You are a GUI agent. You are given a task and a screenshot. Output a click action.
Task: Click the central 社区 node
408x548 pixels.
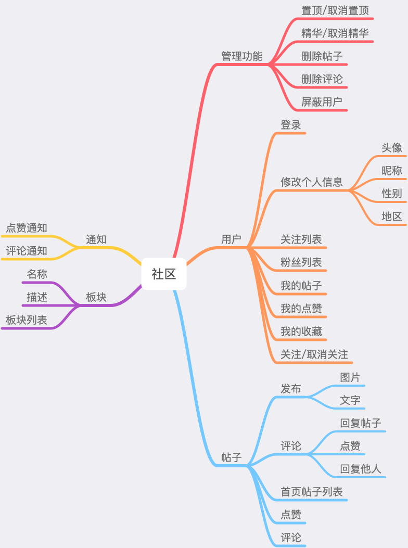163,274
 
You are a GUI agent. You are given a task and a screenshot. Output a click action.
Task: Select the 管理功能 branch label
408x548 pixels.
242,56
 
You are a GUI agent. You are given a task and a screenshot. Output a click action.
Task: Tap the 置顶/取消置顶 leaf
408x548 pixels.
335,10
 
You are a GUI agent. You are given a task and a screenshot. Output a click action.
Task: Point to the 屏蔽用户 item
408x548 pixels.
322,101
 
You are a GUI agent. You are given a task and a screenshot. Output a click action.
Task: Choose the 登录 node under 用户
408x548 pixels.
290,125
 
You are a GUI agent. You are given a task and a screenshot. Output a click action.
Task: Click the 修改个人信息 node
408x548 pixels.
312,182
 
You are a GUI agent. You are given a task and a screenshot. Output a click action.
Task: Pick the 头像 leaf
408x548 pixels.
391,147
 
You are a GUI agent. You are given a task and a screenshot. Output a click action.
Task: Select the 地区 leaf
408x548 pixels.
391,216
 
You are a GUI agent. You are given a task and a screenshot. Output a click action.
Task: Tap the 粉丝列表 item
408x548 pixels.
301,262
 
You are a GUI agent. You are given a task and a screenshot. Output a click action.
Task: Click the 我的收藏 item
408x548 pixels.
301,331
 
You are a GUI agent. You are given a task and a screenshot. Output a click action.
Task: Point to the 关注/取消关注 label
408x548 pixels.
314,354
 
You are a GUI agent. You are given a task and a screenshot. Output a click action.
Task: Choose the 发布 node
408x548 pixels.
290,388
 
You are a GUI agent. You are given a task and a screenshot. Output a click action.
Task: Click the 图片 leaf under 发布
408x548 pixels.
350,377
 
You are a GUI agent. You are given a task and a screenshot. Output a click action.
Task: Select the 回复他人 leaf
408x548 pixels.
361,469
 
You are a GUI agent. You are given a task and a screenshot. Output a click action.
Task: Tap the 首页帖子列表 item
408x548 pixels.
312,492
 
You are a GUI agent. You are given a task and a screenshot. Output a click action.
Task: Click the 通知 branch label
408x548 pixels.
96,239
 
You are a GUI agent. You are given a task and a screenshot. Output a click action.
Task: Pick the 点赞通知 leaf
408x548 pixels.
27,228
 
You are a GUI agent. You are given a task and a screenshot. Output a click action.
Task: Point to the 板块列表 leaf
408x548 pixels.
27,320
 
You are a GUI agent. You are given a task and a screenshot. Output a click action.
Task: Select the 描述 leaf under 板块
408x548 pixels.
37,297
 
